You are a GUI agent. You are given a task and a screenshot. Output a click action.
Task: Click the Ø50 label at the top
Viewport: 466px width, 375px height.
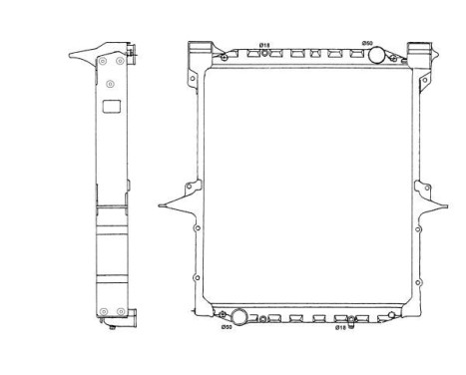(367, 43)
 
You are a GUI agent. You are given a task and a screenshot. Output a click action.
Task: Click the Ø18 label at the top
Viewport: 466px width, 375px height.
(264, 44)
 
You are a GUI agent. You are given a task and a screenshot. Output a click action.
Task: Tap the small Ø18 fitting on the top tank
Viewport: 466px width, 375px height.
(265, 55)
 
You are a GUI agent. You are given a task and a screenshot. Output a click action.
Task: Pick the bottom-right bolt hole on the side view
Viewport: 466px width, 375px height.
(120, 310)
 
